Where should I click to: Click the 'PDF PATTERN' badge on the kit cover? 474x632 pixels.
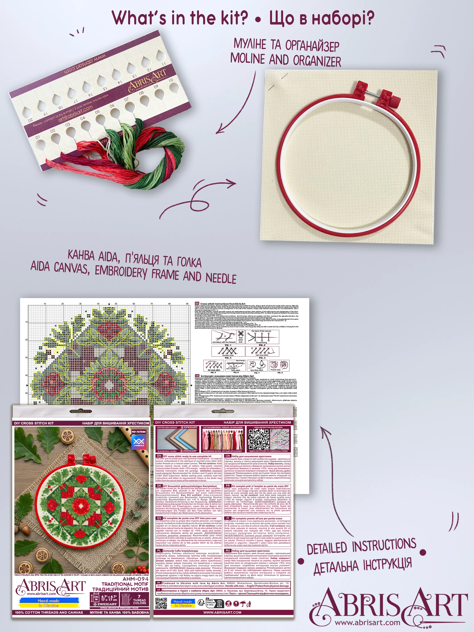tap(139, 432)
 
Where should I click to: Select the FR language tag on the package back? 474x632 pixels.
tap(228, 486)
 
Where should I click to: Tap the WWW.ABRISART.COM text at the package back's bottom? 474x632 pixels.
tap(222, 612)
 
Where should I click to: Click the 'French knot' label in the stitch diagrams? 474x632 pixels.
tap(275, 370)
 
